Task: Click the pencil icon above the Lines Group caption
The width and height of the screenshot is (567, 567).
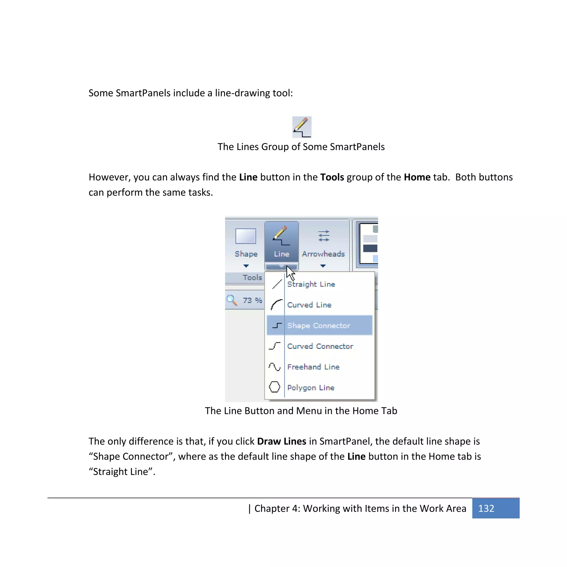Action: pos(301,127)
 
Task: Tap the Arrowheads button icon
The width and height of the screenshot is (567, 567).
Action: pos(323,236)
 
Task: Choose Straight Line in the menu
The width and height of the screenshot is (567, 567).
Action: pos(311,284)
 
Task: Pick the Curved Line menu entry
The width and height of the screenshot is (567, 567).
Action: pos(309,305)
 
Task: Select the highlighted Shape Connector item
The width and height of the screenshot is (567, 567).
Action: pos(319,326)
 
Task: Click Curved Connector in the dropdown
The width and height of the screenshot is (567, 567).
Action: pos(320,346)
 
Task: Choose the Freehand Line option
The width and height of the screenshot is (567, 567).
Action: pos(313,367)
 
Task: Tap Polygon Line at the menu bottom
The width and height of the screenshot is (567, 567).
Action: pos(311,388)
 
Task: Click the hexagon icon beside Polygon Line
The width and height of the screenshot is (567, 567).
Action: pos(274,387)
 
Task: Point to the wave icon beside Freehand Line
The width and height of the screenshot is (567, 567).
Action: pos(274,367)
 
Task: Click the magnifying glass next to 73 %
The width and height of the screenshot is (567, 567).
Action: pos(232,300)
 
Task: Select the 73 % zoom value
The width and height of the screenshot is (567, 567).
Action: pos(252,300)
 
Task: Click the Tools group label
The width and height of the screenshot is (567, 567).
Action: pos(252,277)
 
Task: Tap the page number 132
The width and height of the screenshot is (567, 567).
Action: pos(486,508)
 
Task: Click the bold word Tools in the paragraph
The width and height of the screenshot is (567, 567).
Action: pos(332,177)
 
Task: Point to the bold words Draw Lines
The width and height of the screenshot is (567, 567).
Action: pos(282,441)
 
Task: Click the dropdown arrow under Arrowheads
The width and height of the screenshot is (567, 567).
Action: pos(323,266)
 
